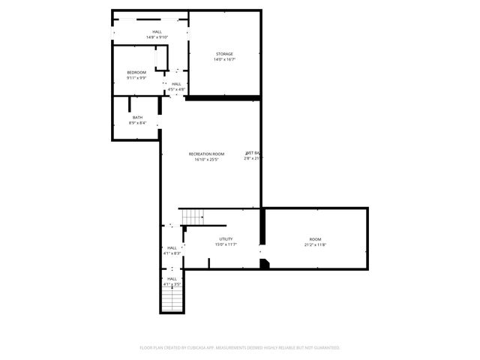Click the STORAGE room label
(225, 54)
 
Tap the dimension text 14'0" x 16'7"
(225, 59)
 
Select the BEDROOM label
(136, 72)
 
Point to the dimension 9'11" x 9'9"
(136, 77)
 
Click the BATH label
(137, 117)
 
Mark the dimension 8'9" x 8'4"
(137, 123)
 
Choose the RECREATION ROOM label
(206, 154)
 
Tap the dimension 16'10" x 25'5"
(206, 159)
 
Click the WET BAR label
(253, 153)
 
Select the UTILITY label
(226, 239)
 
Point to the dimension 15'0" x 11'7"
(226, 244)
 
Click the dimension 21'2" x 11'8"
(315, 244)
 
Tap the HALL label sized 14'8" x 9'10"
(157, 31)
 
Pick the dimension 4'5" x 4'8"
(176, 89)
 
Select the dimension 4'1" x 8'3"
(172, 253)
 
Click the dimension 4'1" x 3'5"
(172, 284)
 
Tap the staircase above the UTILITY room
(193, 217)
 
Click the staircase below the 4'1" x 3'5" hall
(172, 301)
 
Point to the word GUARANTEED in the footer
(325, 348)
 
